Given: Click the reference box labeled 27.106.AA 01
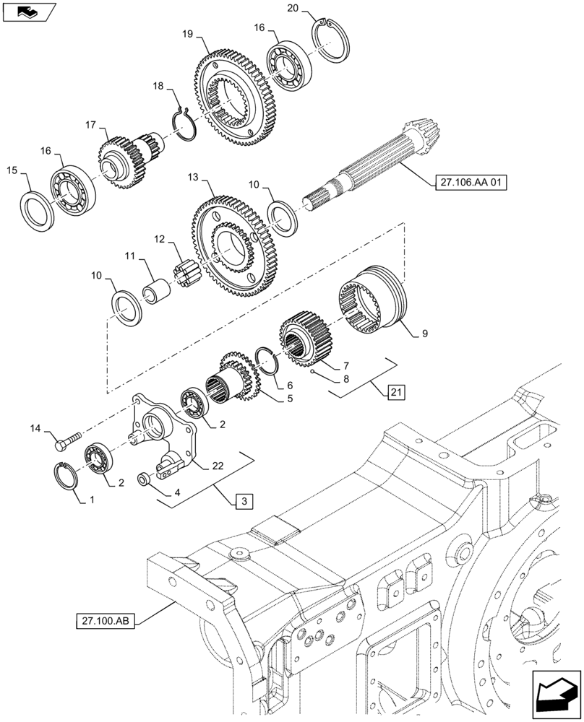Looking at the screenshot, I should tap(471, 183).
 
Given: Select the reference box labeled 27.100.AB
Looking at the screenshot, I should tap(106, 620).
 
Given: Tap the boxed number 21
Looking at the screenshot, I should tap(395, 393).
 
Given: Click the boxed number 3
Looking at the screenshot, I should tap(244, 500).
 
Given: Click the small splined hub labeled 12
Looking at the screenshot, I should tap(184, 274).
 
